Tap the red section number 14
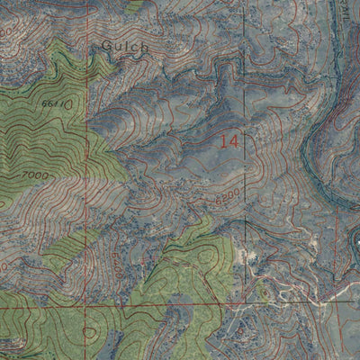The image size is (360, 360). click(229, 140)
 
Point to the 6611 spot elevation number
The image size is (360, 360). click(52, 105)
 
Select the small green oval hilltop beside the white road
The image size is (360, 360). click(263, 292)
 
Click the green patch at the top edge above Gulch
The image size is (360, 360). click(135, 4)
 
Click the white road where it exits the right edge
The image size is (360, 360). click(357, 286)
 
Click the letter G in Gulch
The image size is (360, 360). click(105, 44)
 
